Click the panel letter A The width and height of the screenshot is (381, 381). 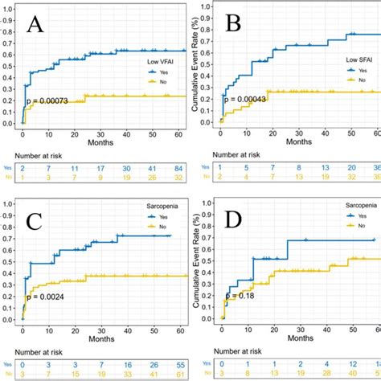36,27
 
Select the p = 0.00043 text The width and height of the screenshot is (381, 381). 250,100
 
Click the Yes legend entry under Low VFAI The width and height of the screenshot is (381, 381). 152,71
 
